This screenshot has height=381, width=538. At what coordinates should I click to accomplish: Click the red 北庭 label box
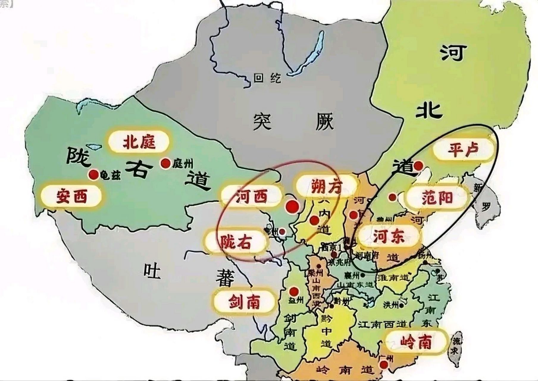(139, 142)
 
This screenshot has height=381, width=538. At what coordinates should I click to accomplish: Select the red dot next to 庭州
(165, 163)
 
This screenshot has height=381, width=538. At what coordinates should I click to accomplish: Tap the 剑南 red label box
(244, 302)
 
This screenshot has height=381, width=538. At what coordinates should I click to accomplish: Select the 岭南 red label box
(416, 343)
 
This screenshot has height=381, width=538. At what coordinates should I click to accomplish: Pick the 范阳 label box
(437, 198)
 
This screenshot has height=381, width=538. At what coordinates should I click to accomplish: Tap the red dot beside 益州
(294, 291)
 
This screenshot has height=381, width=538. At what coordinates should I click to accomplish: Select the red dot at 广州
(384, 365)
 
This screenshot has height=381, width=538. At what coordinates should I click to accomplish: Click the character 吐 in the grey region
(152, 271)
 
